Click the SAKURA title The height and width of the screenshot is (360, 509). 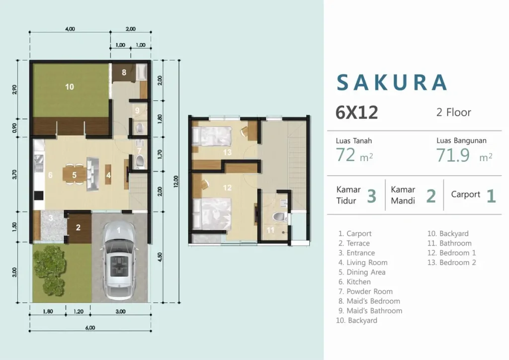pyautogui.click(x=392, y=83)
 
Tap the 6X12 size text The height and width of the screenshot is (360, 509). pyautogui.click(x=357, y=113)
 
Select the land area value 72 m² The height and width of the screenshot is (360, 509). pyautogui.click(x=354, y=156)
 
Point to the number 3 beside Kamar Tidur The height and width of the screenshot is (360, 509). pyautogui.click(x=371, y=196)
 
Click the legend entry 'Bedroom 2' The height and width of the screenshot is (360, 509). pyautogui.click(x=452, y=263)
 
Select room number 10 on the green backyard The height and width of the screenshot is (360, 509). pyautogui.click(x=70, y=87)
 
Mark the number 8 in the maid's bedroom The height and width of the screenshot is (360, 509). pyautogui.click(x=124, y=72)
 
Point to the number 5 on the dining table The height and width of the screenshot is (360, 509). pyautogui.click(x=74, y=175)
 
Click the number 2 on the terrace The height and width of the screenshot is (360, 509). pyautogui.click(x=78, y=228)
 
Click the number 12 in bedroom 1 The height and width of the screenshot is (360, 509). pyautogui.click(x=228, y=188)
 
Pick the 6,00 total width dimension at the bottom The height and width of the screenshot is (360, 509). pyautogui.click(x=89, y=328)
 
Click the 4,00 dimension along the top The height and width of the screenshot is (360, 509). pyautogui.click(x=70, y=29)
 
